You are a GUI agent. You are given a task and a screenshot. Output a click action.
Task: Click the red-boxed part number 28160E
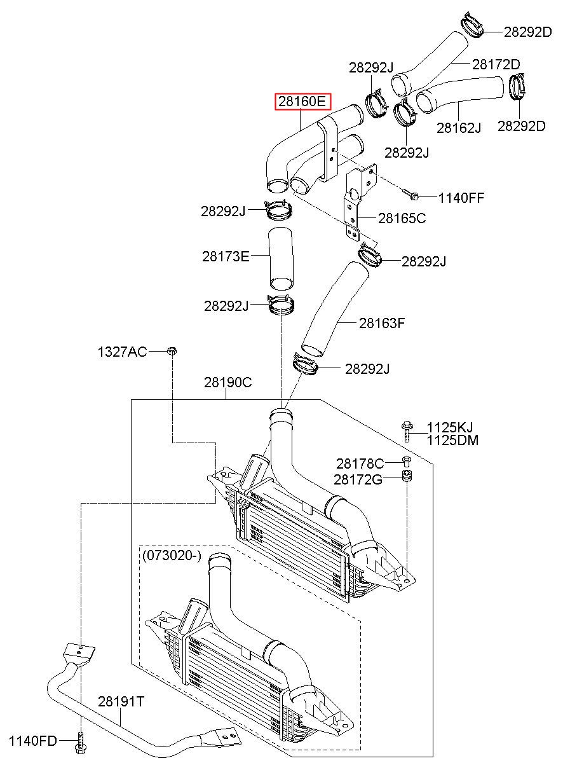pos(302,101)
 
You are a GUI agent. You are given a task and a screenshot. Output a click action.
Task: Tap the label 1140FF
pos(461,198)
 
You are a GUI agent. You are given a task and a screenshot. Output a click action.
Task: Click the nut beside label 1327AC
pos(172,351)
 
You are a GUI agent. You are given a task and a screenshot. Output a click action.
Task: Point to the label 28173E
pos(226,256)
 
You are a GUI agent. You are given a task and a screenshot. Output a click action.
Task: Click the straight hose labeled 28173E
pos(281,258)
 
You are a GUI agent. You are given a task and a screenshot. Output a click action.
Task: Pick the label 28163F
pos(382,323)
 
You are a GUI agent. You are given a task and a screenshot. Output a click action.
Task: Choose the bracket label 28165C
pos(402,218)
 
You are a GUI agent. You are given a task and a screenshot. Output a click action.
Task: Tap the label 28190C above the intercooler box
pos(227,382)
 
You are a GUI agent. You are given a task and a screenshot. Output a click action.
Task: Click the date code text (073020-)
pos(172,556)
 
